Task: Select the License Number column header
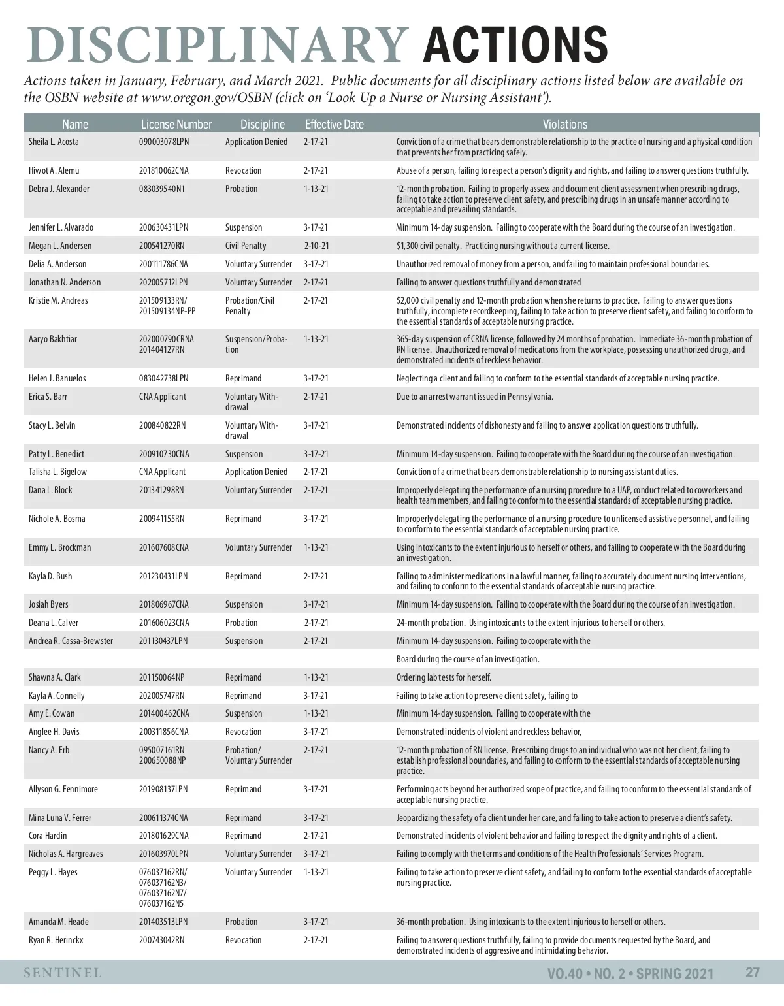click(176, 124)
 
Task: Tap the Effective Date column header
click(334, 124)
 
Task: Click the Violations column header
click(564, 124)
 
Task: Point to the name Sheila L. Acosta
click(54, 142)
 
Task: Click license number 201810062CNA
click(163, 170)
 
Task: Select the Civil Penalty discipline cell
click(246, 246)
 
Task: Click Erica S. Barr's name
click(48, 397)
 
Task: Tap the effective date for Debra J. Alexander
click(316, 189)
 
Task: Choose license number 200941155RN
click(161, 519)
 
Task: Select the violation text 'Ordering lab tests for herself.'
click(444, 677)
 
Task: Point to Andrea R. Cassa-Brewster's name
click(71, 641)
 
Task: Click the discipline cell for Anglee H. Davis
click(243, 732)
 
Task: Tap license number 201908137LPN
click(163, 789)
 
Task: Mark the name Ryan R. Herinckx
click(56, 940)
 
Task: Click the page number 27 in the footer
click(753, 972)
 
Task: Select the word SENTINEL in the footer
click(63, 973)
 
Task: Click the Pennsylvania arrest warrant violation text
click(474, 397)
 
